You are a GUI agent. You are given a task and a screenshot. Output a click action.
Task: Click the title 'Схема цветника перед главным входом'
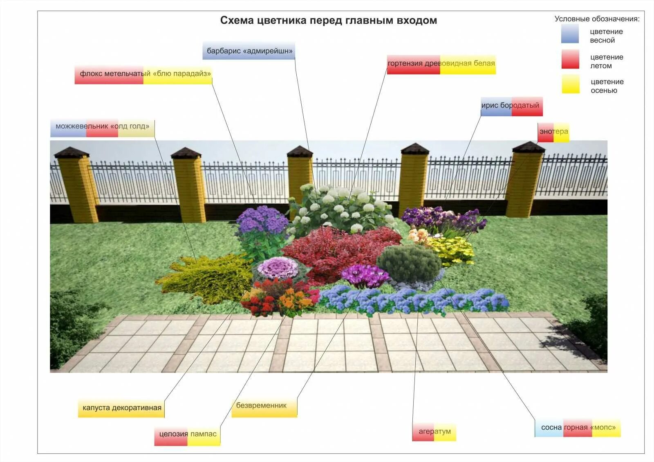tap(328, 20)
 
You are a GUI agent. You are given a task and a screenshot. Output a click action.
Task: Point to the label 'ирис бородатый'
tap(511, 106)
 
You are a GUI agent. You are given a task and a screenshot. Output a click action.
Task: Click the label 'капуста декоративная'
tap(121, 408)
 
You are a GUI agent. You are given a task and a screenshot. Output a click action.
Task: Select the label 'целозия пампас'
tap(188, 435)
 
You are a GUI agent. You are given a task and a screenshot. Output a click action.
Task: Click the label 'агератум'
tap(434, 432)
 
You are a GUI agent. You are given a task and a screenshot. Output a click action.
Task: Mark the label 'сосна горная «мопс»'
tap(578, 428)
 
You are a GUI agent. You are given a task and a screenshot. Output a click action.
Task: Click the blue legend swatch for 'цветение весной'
tap(570, 34)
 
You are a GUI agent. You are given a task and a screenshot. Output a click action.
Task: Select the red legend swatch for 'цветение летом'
tap(570, 59)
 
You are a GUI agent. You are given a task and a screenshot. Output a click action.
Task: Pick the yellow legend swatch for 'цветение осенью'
tap(570, 84)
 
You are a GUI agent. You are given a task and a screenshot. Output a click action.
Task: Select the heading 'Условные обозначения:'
tap(597, 19)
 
